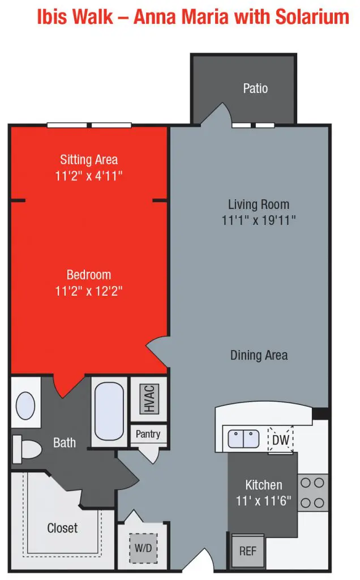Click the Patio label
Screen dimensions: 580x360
(255, 88)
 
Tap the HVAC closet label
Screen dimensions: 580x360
(149, 398)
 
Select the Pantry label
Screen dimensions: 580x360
(148, 434)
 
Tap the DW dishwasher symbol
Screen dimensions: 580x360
(280, 440)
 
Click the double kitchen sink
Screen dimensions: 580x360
(243, 438)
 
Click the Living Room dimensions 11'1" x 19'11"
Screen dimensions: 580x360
(259, 220)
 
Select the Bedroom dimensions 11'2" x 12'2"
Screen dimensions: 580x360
(89, 291)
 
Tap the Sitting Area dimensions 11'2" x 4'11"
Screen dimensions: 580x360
(89, 176)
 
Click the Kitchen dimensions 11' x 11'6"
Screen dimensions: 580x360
(263, 501)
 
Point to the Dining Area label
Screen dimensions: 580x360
(259, 355)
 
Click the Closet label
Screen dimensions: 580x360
(62, 528)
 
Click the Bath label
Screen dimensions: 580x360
(65, 442)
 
